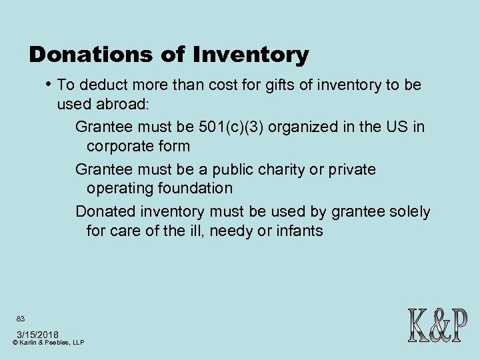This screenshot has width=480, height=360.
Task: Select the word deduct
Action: (x=103, y=85)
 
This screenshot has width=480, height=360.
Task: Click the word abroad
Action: (x=126, y=105)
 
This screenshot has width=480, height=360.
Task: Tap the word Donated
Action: (x=105, y=212)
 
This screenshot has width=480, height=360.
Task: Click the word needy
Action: (x=233, y=231)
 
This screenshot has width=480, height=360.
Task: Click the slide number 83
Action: (x=21, y=319)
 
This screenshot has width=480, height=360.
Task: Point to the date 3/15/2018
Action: (x=37, y=334)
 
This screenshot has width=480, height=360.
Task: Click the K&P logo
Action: (x=436, y=325)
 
